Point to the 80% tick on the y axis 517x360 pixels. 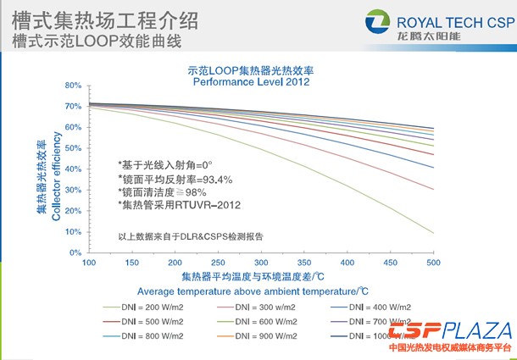(73, 86)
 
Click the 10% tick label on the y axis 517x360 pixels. (73, 232)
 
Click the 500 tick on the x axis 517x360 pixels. (433, 264)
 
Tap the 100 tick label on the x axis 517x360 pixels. (88, 264)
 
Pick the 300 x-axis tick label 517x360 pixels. (261, 264)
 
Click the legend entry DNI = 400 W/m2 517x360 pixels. (381, 306)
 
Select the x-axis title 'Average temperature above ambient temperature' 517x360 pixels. (261, 291)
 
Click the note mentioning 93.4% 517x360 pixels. (175, 180)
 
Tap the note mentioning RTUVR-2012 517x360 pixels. (181, 204)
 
